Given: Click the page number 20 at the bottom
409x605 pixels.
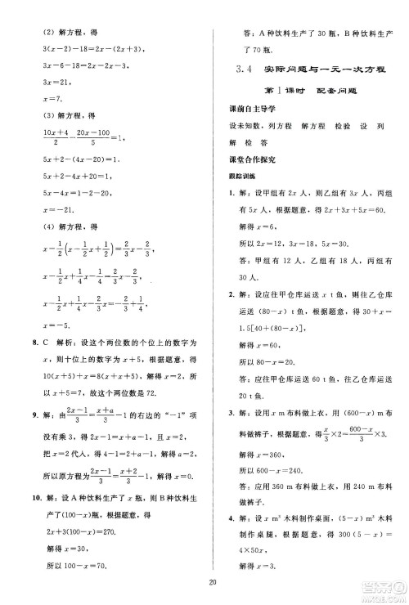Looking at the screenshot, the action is coord(212,582).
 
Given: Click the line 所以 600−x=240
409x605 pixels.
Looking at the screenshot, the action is coord(280,471).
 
